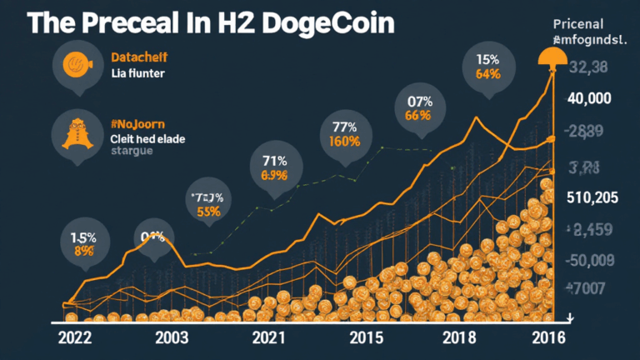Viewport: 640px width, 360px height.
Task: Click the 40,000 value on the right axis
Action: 588,98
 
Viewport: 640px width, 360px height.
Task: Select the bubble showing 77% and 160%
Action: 344,134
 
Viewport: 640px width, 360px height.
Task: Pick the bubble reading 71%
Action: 273,167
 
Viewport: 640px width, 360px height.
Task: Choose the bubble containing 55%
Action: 209,203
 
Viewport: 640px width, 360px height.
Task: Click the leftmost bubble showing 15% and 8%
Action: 83,242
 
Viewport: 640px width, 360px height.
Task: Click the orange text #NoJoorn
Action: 137,120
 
